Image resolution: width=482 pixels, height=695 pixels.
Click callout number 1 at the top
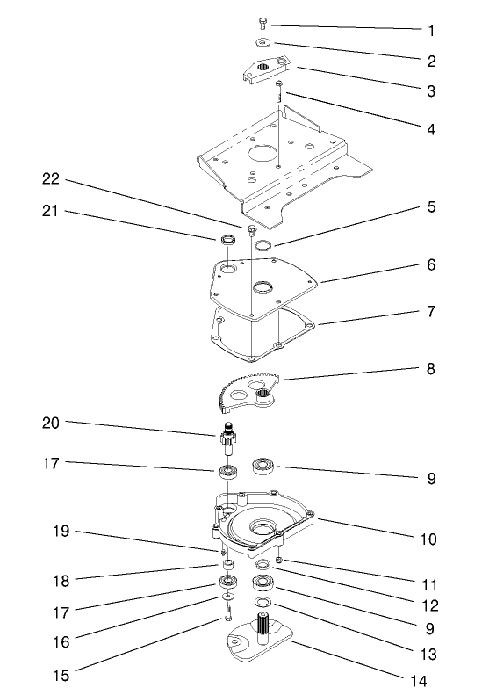431,30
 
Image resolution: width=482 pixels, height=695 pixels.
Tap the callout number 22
50,179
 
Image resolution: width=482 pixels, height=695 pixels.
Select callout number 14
431,679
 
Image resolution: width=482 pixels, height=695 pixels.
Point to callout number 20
50,424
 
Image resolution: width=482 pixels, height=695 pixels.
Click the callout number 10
428,538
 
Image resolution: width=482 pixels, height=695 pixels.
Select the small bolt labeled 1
263,23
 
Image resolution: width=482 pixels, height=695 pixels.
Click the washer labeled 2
263,42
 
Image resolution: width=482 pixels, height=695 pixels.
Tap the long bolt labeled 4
279,91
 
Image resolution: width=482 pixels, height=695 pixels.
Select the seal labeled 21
227,238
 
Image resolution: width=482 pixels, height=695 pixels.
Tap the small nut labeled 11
278,561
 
